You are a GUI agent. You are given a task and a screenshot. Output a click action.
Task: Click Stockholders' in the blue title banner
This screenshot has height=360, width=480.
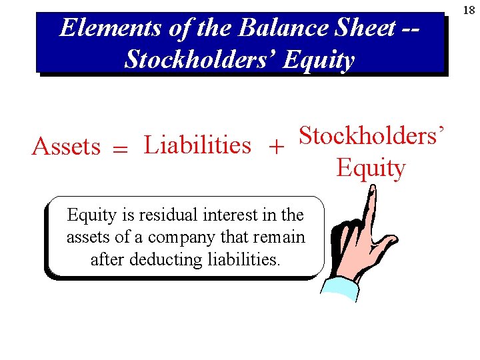pyautogui.click(x=200, y=59)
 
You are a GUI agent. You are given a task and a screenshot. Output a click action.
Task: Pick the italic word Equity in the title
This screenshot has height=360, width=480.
pyautogui.click(x=319, y=61)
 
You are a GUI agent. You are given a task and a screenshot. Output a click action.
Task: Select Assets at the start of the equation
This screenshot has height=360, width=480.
pyautogui.click(x=66, y=146)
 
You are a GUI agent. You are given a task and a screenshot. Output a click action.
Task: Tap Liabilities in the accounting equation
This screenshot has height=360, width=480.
pyautogui.click(x=197, y=145)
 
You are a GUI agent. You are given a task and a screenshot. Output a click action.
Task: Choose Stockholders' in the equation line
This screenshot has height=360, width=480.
pyautogui.click(x=371, y=136)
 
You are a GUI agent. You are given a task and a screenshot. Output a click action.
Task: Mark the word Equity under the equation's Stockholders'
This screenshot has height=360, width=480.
pyautogui.click(x=371, y=168)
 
